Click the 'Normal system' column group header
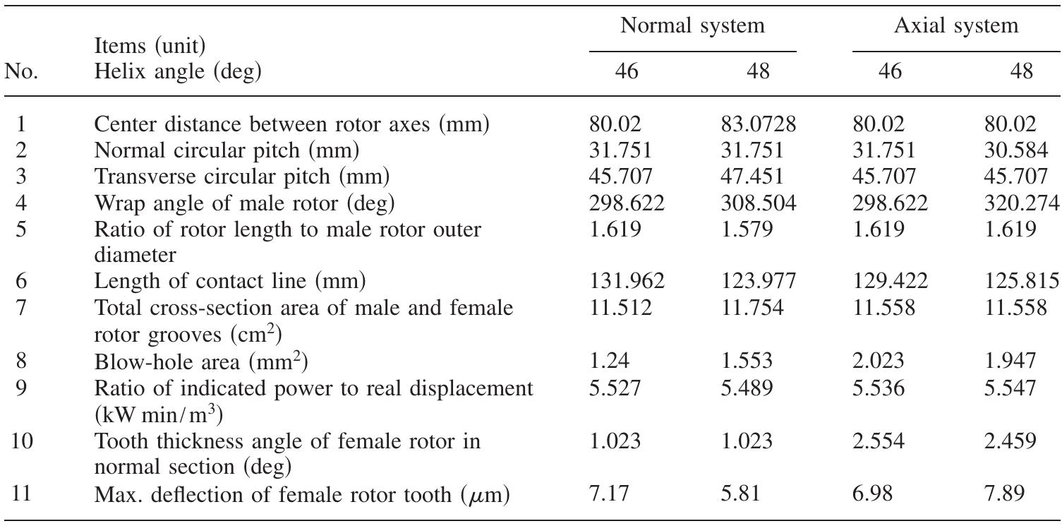(x=692, y=27)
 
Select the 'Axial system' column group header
(x=956, y=27)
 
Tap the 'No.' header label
(x=21, y=71)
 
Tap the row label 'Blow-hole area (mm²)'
(x=201, y=361)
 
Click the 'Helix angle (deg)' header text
(x=176, y=71)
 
